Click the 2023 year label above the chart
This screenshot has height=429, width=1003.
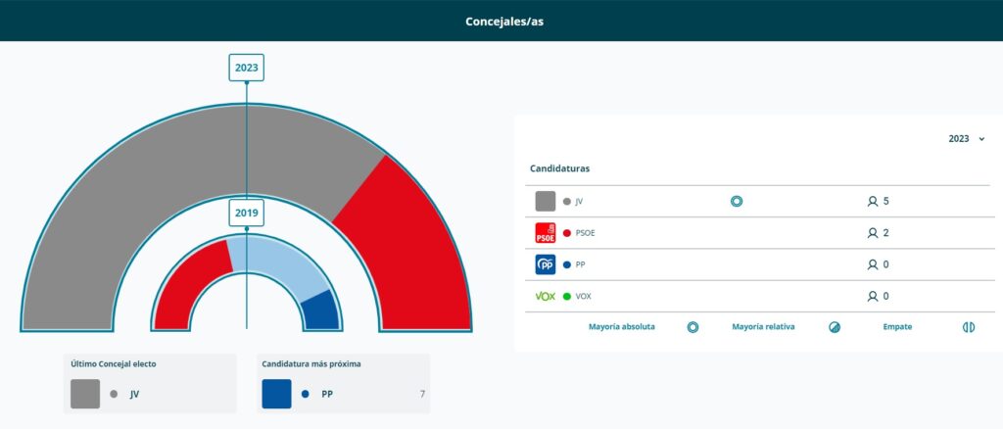pyautogui.click(x=246, y=68)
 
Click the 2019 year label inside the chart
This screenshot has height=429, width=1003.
pyautogui.click(x=246, y=213)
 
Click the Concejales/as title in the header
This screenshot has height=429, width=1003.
pyautogui.click(x=504, y=21)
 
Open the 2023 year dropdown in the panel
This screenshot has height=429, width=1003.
pyautogui.click(x=966, y=139)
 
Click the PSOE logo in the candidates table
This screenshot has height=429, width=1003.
pyautogui.click(x=546, y=233)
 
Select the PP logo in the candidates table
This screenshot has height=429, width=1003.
pyautogui.click(x=546, y=264)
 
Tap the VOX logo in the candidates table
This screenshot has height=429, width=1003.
pyautogui.click(x=546, y=296)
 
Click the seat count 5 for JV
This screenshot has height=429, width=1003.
pyautogui.click(x=884, y=202)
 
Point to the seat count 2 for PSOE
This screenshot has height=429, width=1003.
pyautogui.click(x=884, y=233)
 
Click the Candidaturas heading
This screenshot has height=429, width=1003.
pyautogui.click(x=559, y=168)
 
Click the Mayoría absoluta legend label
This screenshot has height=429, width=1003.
pyautogui.click(x=622, y=327)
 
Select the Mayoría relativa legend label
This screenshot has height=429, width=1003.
pyautogui.click(x=763, y=327)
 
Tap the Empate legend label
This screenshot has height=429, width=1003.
pyautogui.click(x=897, y=327)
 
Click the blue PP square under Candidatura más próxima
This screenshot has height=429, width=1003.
pyautogui.click(x=277, y=394)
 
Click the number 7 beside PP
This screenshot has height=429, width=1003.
pyautogui.click(x=422, y=394)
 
